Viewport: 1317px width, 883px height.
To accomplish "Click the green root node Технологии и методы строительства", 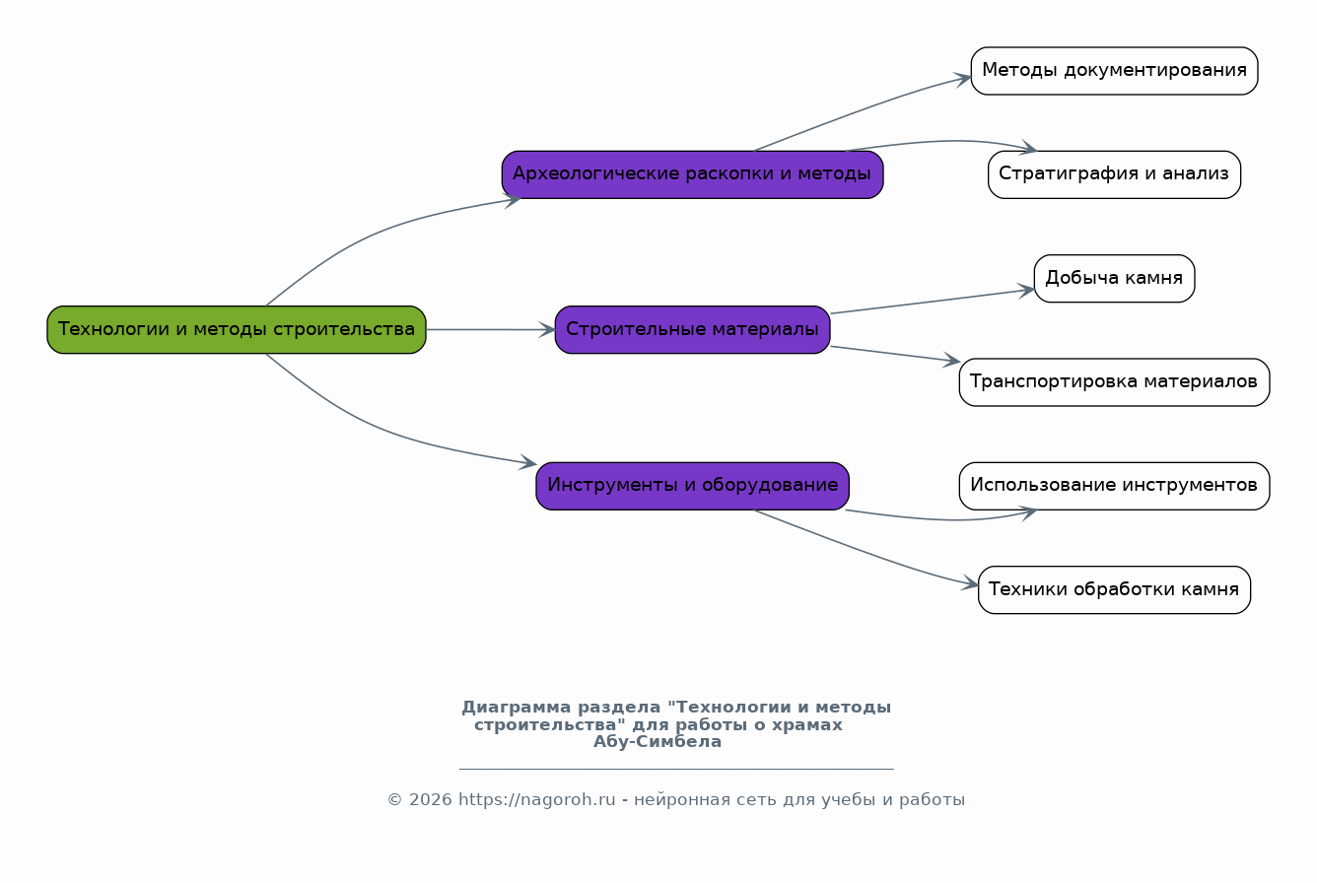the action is [237, 330].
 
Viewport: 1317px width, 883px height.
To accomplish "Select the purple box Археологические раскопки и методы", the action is [693, 174].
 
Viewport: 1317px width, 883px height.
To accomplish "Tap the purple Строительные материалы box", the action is [693, 330].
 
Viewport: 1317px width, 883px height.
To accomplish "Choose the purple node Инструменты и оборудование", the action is [693, 486].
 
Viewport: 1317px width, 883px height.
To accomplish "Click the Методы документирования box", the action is [1114, 71].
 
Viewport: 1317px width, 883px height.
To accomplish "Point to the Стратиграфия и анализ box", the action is [1114, 174].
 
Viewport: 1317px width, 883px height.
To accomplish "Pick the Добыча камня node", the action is [1114, 278].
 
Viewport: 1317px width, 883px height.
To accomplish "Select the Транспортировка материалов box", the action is [1114, 382].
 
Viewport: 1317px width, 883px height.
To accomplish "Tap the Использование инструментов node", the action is [1114, 486].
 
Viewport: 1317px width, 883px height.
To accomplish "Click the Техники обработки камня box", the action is [1114, 589].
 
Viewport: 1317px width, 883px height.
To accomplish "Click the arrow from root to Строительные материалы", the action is [491, 330].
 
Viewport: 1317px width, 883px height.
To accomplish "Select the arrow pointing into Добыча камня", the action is [933, 301].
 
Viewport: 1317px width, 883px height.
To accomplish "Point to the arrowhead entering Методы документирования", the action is [963, 79].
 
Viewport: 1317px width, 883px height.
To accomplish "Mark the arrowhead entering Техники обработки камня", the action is [970, 583].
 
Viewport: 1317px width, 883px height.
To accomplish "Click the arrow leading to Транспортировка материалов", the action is [895, 354].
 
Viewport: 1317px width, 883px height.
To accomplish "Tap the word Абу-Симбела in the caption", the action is [658, 742].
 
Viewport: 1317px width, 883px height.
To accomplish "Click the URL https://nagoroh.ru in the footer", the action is [537, 800].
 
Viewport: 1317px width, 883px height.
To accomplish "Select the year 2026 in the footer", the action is [431, 800].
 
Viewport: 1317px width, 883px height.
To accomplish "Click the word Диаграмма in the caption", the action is [517, 708].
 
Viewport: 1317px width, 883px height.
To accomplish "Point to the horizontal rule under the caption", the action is [676, 769].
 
